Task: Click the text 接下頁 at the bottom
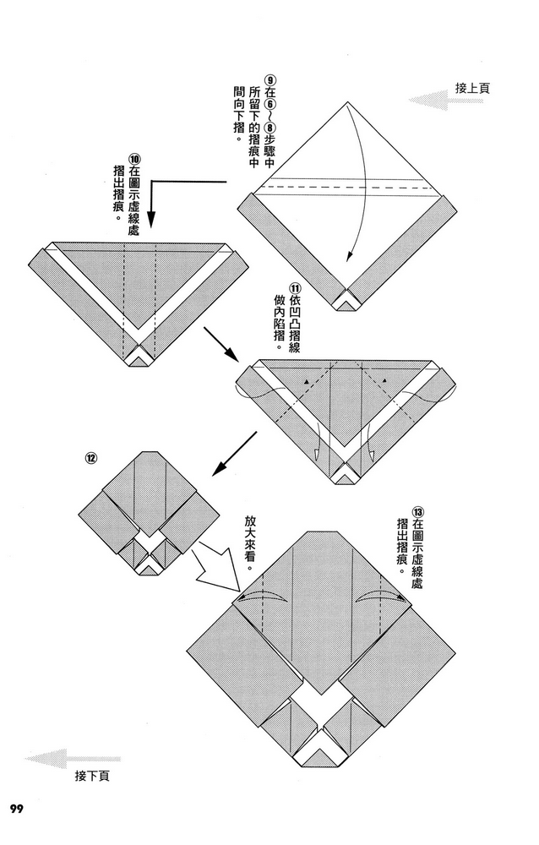click(91, 775)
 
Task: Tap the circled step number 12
click(91, 458)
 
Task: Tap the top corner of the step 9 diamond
click(347, 104)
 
